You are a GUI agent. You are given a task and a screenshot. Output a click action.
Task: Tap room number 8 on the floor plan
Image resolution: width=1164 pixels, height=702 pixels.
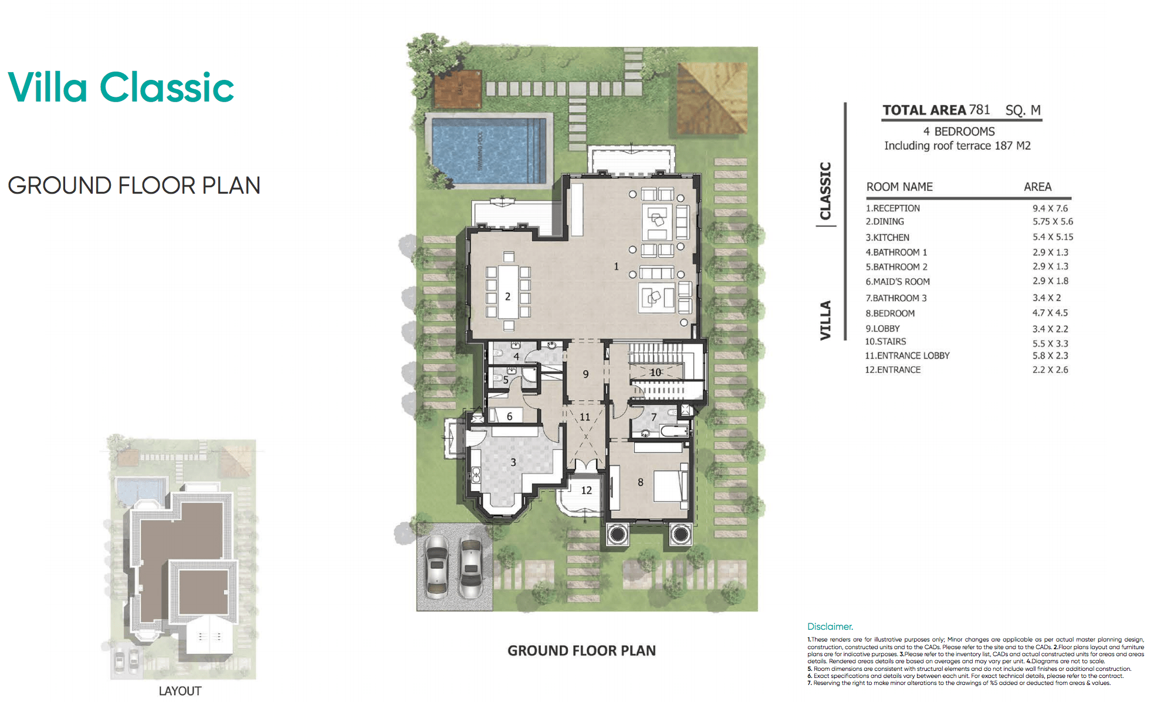coord(640,482)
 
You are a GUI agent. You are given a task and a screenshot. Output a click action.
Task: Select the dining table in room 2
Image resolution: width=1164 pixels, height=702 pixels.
coord(508,292)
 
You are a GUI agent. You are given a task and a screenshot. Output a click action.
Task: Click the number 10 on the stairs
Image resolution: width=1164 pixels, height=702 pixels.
coord(655,372)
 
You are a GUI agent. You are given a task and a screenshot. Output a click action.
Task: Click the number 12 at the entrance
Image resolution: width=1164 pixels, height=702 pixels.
coord(586,490)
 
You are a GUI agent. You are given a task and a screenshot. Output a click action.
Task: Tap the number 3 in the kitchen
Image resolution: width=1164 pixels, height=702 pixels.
coord(513,463)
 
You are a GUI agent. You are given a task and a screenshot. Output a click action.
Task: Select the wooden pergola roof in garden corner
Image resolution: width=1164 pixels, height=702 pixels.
coord(712,98)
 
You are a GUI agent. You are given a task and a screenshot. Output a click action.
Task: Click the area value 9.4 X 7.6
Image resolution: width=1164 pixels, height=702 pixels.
coord(1050,208)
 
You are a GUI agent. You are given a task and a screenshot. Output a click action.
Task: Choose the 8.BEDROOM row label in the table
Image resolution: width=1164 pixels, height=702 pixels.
coord(889,313)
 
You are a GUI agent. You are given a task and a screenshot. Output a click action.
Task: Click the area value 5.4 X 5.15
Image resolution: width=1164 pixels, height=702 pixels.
coord(1053,237)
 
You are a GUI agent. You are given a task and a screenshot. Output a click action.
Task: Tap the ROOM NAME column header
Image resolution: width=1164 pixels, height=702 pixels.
coord(899,187)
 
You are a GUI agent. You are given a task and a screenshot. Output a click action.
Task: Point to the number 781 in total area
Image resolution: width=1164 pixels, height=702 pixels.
coord(979,110)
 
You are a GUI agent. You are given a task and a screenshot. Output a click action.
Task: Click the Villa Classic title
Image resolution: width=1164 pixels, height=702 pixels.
coord(121,87)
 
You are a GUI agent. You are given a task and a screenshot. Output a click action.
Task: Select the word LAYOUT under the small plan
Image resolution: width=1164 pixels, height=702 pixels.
coord(180,691)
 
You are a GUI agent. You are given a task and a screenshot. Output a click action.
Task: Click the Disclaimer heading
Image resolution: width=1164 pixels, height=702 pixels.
coord(830,626)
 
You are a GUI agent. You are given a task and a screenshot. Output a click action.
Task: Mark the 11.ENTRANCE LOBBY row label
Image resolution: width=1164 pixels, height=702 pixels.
coord(907,356)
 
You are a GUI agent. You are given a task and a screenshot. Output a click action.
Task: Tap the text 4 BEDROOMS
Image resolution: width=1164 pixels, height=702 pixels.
coord(959,131)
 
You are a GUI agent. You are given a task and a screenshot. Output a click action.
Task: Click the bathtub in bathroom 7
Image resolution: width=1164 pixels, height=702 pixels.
coord(674,431)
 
